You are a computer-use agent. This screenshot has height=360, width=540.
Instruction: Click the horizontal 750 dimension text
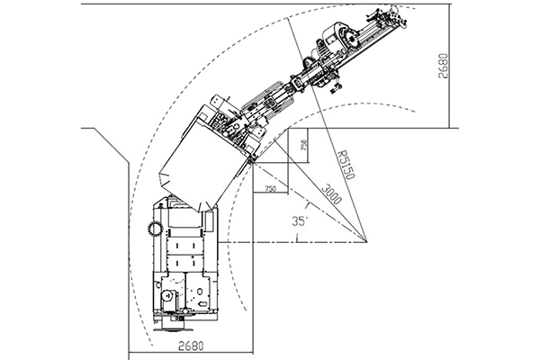tap(271, 189)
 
